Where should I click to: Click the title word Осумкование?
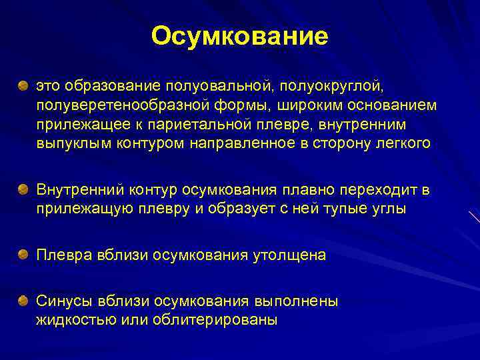[239, 37]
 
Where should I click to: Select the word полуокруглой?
[331, 86]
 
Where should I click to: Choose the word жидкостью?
[77, 320]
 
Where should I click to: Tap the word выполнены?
[296, 301]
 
